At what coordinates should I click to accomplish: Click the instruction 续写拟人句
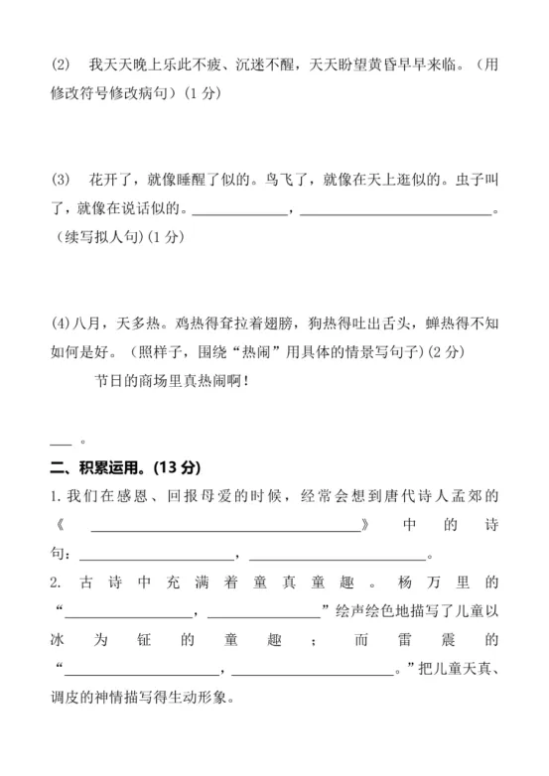[105, 237]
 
